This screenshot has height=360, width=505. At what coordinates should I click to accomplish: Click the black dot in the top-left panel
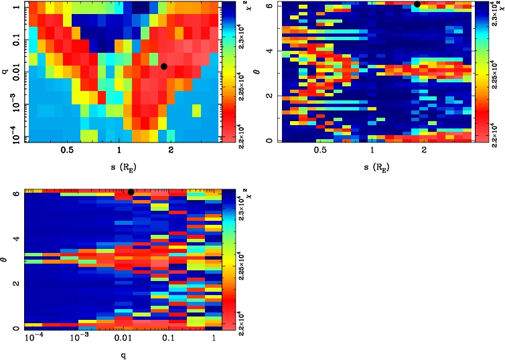coord(164,66)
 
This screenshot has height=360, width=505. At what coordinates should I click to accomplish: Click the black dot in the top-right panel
coord(417,4)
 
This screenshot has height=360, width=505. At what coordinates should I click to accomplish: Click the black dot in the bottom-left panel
coord(131,192)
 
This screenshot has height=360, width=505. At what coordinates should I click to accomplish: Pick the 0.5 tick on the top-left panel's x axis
coord(67,151)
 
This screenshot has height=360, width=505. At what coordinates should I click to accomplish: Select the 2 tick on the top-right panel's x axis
coord(425,151)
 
